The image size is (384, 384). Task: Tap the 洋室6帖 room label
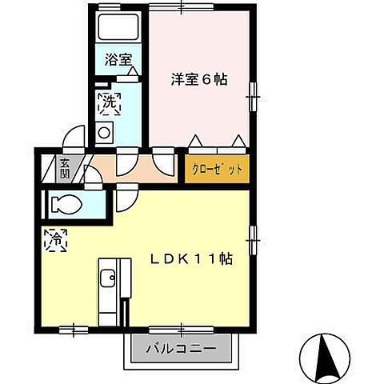point(198,79)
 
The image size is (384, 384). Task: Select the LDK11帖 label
point(193,258)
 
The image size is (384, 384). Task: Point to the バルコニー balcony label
point(181,349)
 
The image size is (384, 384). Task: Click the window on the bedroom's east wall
point(253,97)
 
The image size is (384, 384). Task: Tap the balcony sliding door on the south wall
point(181,328)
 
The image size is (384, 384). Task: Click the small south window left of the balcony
point(74,328)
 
